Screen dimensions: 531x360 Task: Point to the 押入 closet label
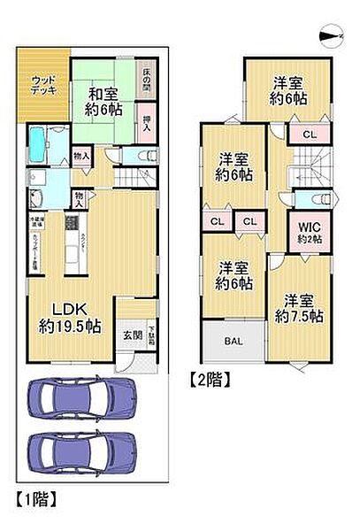(144, 117)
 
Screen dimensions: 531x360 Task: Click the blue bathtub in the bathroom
(42, 141)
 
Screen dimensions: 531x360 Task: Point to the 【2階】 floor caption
(210, 381)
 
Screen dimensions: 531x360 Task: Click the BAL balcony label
(234, 341)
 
